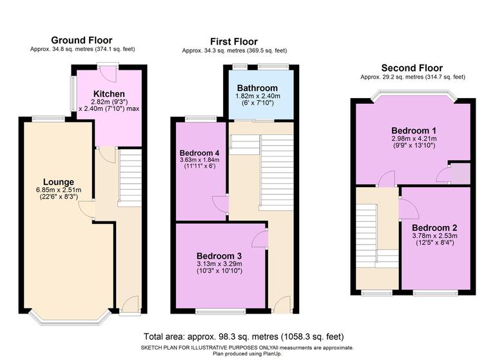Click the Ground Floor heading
pyautogui.click(x=82, y=40)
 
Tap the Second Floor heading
pyautogui.click(x=412, y=68)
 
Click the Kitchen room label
pyautogui.click(x=108, y=94)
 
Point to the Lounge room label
pyautogui.click(x=59, y=181)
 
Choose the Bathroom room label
pyautogui.click(x=257, y=88)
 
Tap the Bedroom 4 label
pyautogui.click(x=199, y=152)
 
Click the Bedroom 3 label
pyautogui.click(x=220, y=254)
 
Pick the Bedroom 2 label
pyautogui.click(x=434, y=228)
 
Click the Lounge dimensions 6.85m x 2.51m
pyautogui.click(x=59, y=190)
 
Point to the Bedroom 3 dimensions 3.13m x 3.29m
pyautogui.click(x=220, y=263)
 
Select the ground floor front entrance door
pyautogui.click(x=130, y=305)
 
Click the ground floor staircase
pyautogui.click(x=130, y=177)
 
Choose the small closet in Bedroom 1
pyautogui.click(x=459, y=174)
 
